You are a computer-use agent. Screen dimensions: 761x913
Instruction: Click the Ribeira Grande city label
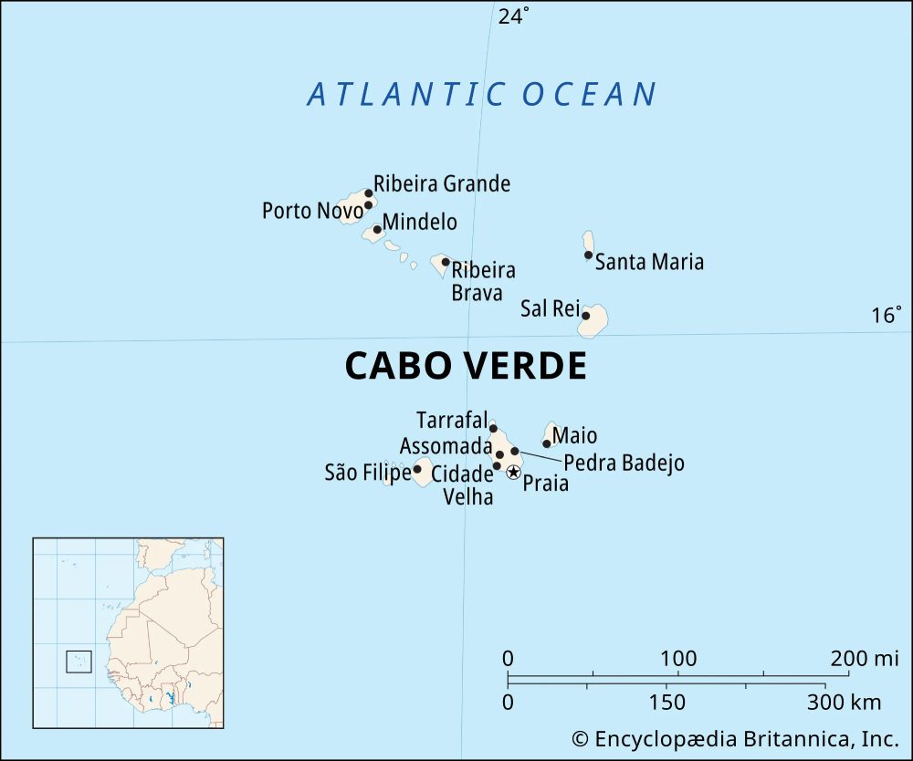(x=442, y=184)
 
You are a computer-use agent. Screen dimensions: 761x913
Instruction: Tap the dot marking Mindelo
(x=377, y=229)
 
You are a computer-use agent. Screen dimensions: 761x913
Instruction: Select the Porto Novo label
(x=311, y=211)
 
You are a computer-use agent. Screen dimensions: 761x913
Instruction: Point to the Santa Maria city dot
(x=589, y=255)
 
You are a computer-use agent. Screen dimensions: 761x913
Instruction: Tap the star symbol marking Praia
(x=513, y=472)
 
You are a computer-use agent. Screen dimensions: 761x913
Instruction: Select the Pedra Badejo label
(x=623, y=464)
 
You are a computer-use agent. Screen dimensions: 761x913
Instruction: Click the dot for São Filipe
(x=417, y=470)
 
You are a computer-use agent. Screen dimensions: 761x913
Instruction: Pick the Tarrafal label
(x=451, y=421)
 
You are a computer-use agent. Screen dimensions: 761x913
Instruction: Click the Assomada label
(x=446, y=446)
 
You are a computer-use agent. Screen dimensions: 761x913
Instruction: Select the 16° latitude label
(x=886, y=315)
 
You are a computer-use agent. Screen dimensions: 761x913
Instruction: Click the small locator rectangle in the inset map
(x=79, y=662)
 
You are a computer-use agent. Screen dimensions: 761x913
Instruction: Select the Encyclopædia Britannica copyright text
(x=736, y=738)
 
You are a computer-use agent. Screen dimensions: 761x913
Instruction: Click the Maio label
(x=574, y=436)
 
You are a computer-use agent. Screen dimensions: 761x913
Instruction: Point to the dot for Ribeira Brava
(x=446, y=262)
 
